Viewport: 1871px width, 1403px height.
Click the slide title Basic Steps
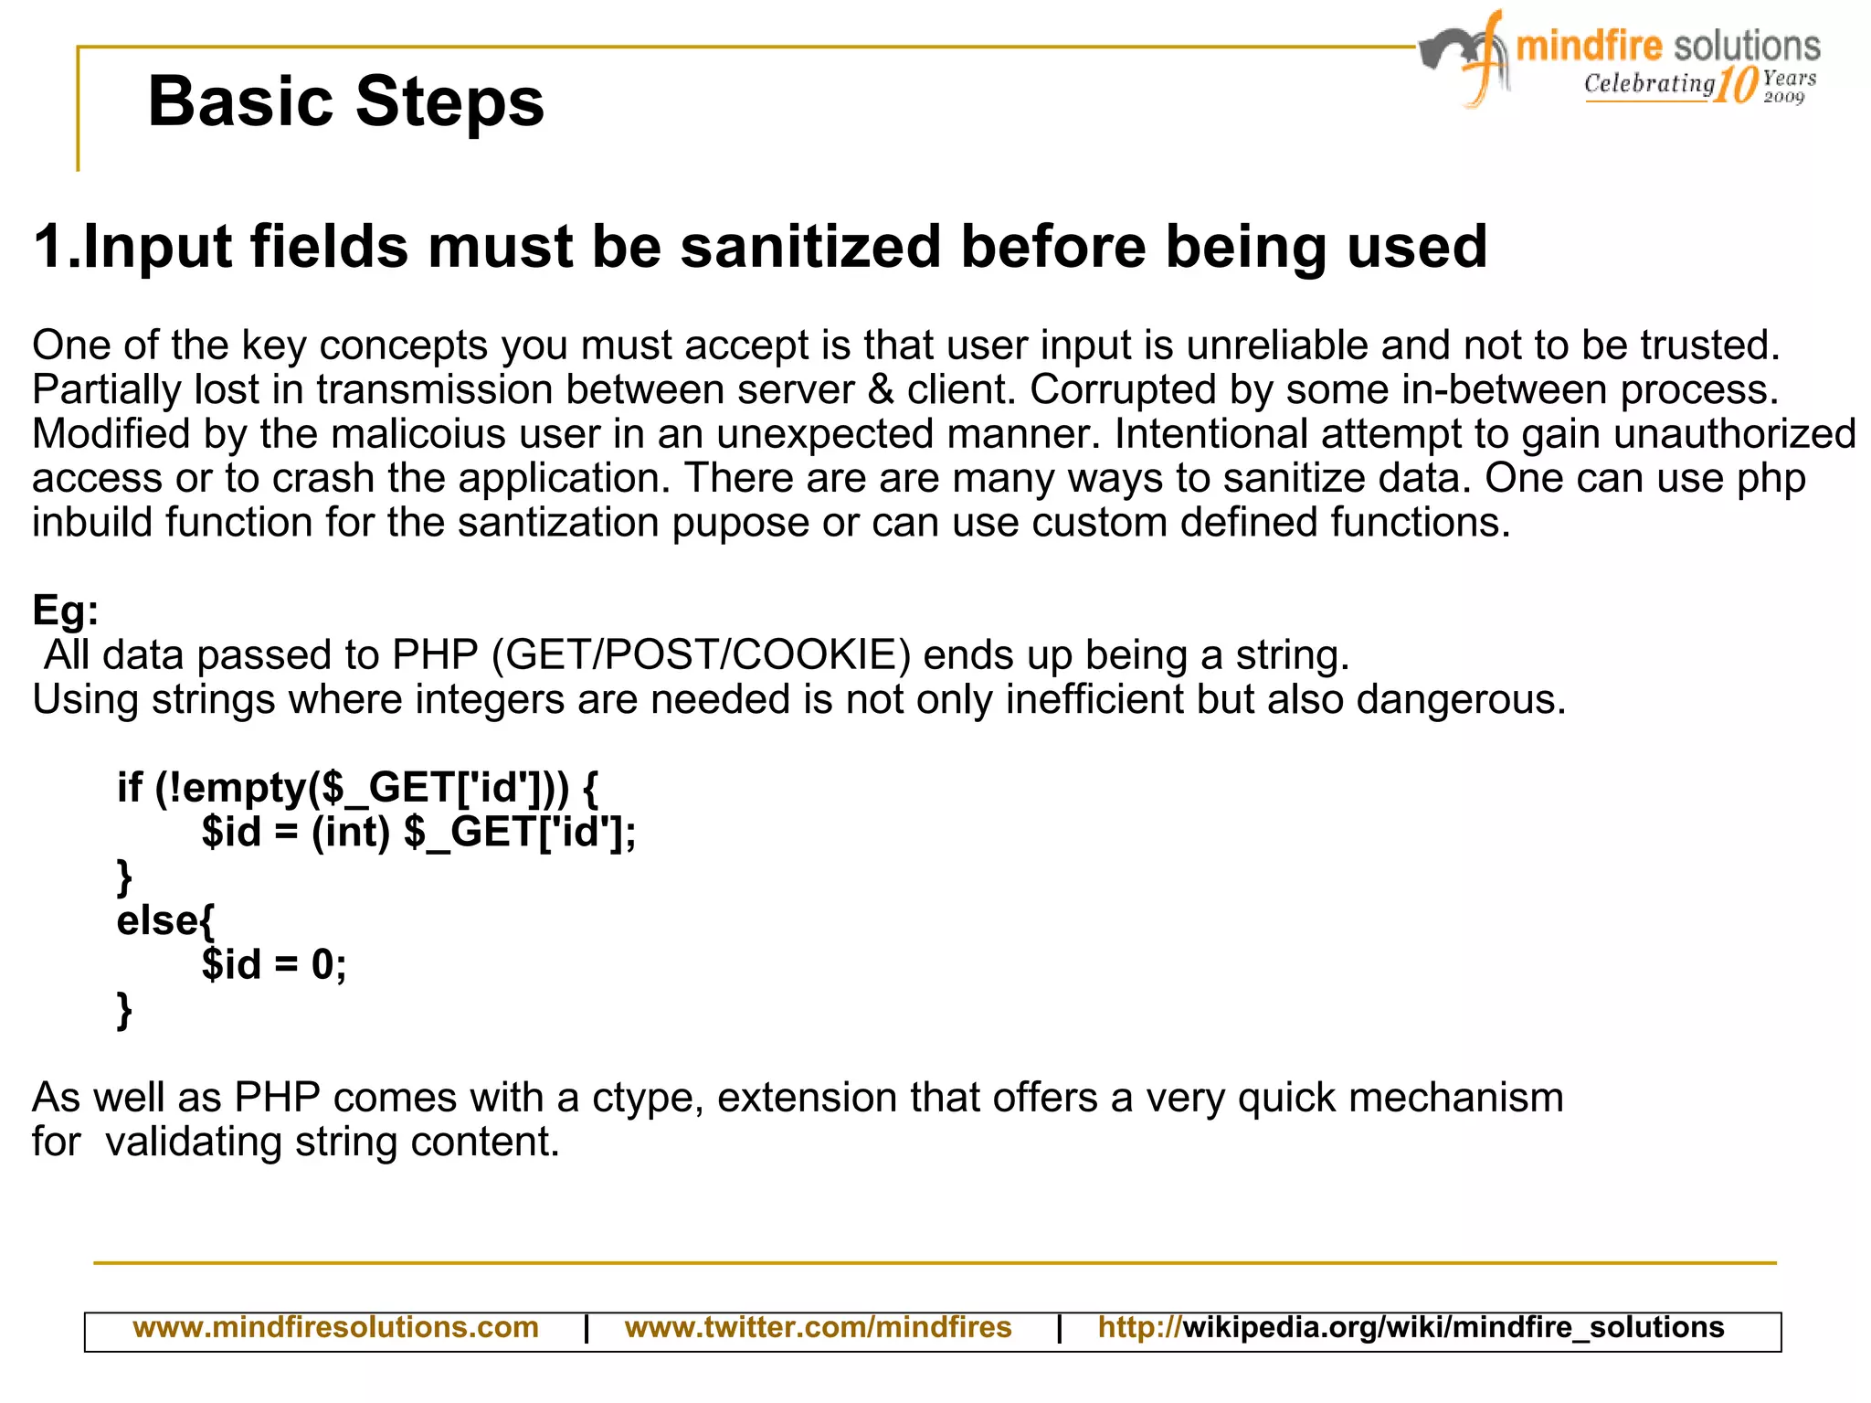pyautogui.click(x=345, y=101)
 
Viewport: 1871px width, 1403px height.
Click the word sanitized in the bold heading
pyautogui.click(x=810, y=247)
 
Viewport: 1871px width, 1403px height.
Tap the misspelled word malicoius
pyautogui.click(x=418, y=434)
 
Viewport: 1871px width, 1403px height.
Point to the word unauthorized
pyautogui.click(x=1734, y=434)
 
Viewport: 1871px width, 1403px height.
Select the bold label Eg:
pyautogui.click(x=65, y=610)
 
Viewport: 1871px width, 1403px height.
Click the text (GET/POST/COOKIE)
pyautogui.click(x=701, y=655)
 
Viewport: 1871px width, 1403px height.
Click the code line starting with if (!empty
pyautogui.click(x=357, y=788)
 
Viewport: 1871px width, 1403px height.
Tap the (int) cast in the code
pyautogui.click(x=351, y=833)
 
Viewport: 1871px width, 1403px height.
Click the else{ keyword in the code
pyautogui.click(x=165, y=920)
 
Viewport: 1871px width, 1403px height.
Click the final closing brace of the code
pyautogui.click(x=125, y=1010)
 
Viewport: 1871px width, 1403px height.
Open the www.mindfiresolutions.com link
pyautogui.click(x=335, y=1327)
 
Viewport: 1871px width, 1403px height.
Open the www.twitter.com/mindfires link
pyautogui.click(x=818, y=1327)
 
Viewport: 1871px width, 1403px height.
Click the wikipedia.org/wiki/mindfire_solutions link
pyautogui.click(x=1453, y=1327)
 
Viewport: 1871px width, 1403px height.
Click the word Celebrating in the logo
pyautogui.click(x=1649, y=84)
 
